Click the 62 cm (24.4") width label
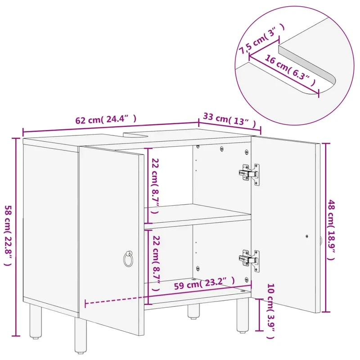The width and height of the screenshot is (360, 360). [106, 119]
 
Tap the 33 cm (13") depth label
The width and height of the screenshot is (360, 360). [229, 120]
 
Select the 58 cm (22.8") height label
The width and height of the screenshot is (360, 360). [8, 235]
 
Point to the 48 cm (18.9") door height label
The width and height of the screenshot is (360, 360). [331, 230]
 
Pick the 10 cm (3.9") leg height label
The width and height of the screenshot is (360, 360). [270, 311]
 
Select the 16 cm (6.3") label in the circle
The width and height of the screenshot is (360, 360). [290, 70]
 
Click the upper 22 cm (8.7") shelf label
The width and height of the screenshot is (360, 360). [155, 186]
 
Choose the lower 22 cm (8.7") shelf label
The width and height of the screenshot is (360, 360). [156, 263]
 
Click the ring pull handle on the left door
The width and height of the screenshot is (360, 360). [128, 259]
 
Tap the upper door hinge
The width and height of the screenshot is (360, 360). [249, 174]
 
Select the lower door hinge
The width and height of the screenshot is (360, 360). [249, 261]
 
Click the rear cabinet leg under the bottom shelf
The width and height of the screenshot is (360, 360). [193, 311]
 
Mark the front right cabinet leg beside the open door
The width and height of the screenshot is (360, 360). [243, 315]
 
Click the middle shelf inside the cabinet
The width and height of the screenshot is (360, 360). [198, 216]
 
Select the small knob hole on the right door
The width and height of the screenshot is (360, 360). [307, 236]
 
